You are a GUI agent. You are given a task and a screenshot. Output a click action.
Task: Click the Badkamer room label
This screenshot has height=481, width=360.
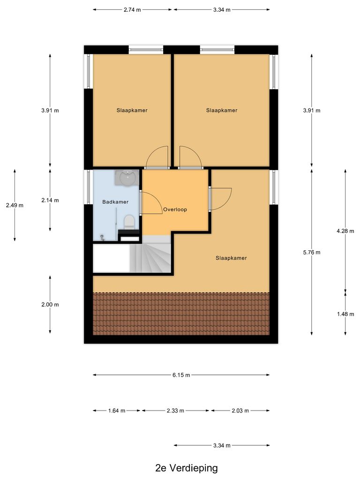click(x=115, y=202)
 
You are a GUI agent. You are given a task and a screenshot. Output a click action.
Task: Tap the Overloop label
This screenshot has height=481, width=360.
click(x=175, y=209)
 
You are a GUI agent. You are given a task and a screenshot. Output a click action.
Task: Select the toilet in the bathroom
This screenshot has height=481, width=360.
click(x=129, y=221)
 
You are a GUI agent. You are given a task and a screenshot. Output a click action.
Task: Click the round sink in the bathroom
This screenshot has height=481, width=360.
click(x=127, y=178)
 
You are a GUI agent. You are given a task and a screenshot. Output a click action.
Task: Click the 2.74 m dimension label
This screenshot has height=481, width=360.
click(x=132, y=9)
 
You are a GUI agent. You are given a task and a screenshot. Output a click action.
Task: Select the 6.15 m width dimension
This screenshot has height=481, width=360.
click(x=181, y=375)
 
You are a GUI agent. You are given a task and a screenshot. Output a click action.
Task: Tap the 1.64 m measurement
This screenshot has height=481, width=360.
click(x=117, y=411)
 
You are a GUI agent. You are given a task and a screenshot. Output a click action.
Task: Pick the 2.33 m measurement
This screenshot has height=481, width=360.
click(x=176, y=411)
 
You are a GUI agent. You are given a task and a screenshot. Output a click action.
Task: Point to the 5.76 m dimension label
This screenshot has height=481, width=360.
click(x=312, y=252)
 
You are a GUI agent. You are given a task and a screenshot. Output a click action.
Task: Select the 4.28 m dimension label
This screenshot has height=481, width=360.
click(x=345, y=231)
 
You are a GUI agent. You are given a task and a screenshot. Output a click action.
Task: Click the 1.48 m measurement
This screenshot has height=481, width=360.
click(x=345, y=314)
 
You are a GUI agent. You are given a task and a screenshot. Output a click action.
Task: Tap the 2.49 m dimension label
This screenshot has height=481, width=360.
click(x=15, y=205)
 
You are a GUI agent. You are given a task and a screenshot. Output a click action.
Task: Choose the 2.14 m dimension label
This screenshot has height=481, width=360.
click(x=50, y=200)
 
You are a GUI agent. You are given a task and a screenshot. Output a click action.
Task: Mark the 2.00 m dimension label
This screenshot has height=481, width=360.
click(x=50, y=304)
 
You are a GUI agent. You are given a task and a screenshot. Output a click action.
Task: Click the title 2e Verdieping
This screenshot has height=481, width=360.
click(x=187, y=468)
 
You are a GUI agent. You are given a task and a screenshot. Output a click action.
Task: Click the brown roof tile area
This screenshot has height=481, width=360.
click(x=181, y=313)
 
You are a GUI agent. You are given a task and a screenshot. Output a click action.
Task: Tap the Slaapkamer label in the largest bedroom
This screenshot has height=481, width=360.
click(x=231, y=258)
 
